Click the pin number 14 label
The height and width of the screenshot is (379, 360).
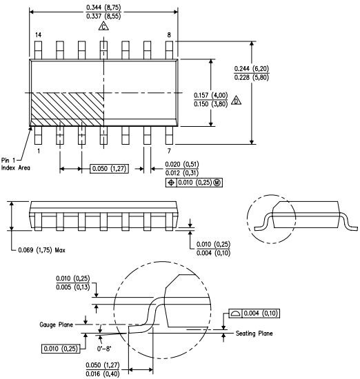pyautogui.click(x=38, y=34)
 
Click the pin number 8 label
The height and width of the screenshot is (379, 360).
pyautogui.click(x=169, y=34)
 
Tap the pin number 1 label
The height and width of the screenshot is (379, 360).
pyautogui.click(x=39, y=150)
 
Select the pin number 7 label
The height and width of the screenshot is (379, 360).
pyautogui.click(x=169, y=150)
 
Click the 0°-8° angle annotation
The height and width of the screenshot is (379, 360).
pyautogui.click(x=108, y=339)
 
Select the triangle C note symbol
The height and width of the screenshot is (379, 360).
pyautogui.click(x=103, y=26)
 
